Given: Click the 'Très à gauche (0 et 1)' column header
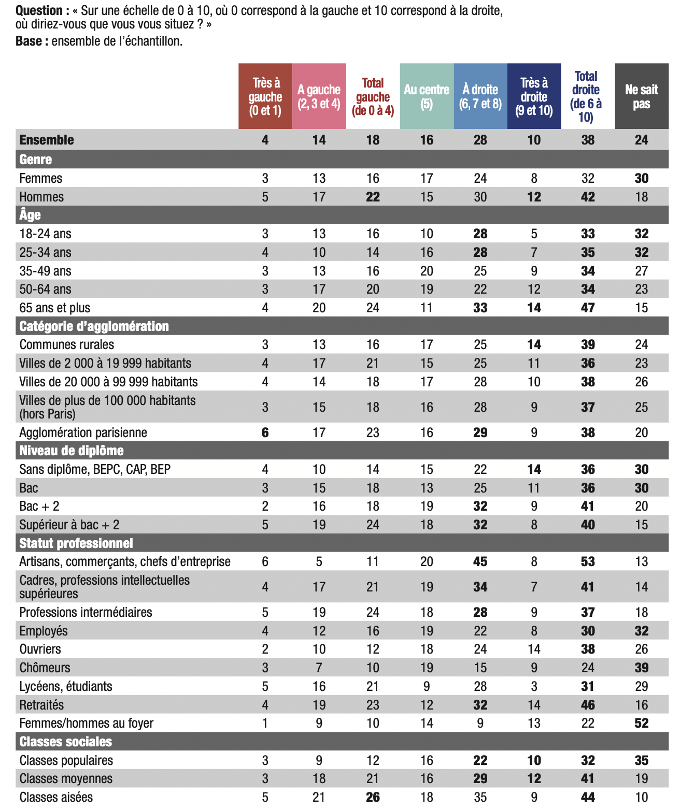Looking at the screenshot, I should [265, 96].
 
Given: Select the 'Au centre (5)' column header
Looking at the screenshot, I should [427, 96].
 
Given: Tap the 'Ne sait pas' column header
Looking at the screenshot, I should [641, 96].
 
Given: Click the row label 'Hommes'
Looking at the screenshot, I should [41, 197].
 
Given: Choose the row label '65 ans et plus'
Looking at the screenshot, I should [54, 308].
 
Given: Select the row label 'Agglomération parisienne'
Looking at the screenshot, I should [83, 432].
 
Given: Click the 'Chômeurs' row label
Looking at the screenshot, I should [45, 668].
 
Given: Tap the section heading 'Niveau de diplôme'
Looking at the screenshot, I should [71, 451].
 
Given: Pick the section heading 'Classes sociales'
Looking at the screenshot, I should [65, 742].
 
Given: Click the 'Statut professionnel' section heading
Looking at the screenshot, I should [76, 543].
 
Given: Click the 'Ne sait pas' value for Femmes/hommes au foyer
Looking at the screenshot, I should [641, 723].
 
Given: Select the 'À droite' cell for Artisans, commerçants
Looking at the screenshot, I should [480, 561].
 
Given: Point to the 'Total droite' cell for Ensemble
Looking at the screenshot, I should [587, 140].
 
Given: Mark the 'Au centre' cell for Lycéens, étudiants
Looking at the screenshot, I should [427, 686].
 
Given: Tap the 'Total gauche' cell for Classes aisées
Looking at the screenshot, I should [373, 797].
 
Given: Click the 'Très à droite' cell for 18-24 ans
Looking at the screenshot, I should [534, 234].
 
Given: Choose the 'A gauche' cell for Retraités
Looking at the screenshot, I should [319, 705].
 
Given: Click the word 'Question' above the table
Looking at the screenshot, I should [39, 10].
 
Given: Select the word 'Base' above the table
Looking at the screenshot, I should [29, 41].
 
